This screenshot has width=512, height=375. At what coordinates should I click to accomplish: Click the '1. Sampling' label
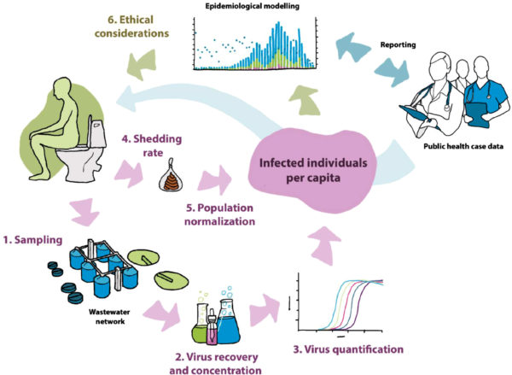[x=32, y=240]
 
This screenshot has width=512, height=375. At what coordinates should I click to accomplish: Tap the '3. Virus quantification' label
[x=348, y=349]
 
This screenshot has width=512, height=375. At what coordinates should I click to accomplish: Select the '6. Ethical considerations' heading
[x=132, y=26]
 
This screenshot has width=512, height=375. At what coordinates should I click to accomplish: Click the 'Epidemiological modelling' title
[x=252, y=6]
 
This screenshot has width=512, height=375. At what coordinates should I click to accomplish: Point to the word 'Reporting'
[x=398, y=44]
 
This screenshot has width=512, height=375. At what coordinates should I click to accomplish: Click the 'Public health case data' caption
[x=463, y=146]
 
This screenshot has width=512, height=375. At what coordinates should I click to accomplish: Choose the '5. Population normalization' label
[x=220, y=214]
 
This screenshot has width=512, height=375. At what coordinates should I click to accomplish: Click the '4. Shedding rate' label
[x=152, y=145]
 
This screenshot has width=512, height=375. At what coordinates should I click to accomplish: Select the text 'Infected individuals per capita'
[x=313, y=170]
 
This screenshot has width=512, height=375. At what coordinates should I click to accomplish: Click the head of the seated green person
[x=61, y=87]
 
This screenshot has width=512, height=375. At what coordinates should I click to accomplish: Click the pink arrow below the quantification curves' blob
[x=325, y=245]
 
